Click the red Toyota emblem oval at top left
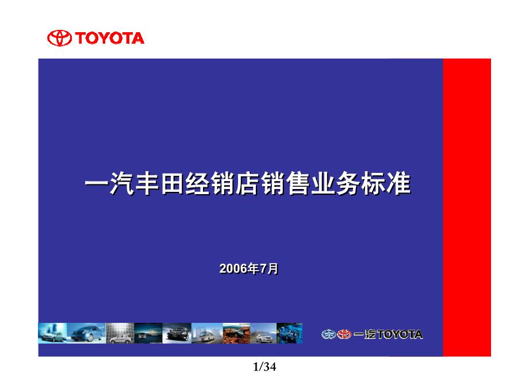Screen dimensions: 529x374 pyautogui.click(x=59, y=38)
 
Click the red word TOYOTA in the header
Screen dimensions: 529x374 pyautogui.click(x=110, y=38)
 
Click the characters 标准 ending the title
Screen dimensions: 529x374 pyautogui.click(x=386, y=184)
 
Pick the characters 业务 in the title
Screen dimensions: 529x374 pyautogui.click(x=336, y=184)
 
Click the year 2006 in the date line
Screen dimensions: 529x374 pyautogui.click(x=233, y=268)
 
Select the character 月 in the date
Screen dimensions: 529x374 pyautogui.click(x=273, y=268)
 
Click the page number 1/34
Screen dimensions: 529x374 pyautogui.click(x=264, y=367)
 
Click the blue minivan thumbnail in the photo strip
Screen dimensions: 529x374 pyautogui.click(x=86, y=333)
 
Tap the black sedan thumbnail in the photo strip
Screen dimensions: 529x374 pyautogui.click(x=177, y=333)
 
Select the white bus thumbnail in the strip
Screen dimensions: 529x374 pyautogui.click(x=207, y=333)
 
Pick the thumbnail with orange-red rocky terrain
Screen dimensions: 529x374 pyautogui.click(x=236, y=333)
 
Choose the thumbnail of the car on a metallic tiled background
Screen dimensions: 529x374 pyautogui.click(x=120, y=333)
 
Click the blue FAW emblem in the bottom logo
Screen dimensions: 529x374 pyautogui.click(x=328, y=334)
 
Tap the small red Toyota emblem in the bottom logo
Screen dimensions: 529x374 pyautogui.click(x=344, y=334)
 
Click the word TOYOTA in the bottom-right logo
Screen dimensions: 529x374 pyautogui.click(x=400, y=334)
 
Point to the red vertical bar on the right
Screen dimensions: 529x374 pyautogui.click(x=467, y=207)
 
